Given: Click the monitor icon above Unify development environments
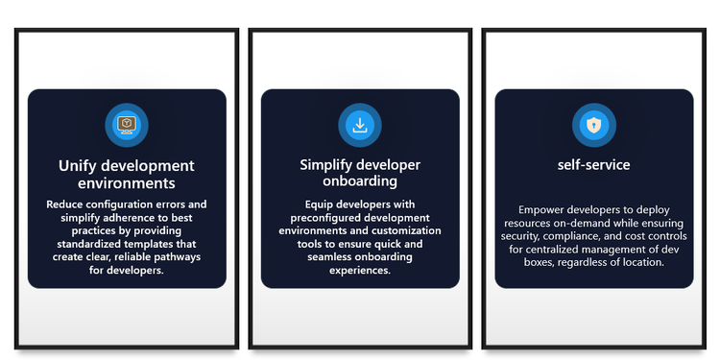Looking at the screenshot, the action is [127, 125].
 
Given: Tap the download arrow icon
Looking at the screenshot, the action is [360, 125].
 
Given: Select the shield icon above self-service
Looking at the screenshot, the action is [593, 125].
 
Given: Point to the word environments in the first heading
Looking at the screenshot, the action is [127, 183].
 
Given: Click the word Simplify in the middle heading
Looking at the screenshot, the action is [326, 165].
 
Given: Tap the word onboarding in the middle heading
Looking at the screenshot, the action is [360, 180].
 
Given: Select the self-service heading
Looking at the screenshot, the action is [593, 165].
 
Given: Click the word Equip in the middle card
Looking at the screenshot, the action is [318, 204].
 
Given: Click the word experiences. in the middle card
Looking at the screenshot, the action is [360, 271].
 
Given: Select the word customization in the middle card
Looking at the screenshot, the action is [406, 230].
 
